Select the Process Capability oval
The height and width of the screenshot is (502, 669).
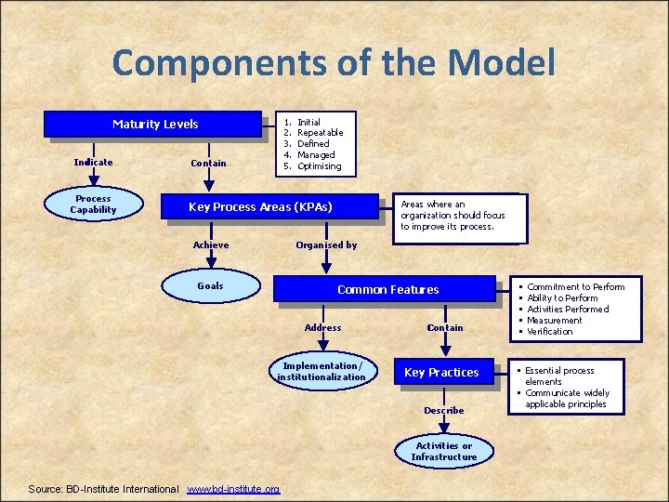tap(94, 205)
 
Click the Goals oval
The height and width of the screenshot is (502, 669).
tap(210, 286)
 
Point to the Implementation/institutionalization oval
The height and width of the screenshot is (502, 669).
tap(321, 372)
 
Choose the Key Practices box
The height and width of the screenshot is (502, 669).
tap(441, 373)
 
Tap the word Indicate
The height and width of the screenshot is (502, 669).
tap(93, 163)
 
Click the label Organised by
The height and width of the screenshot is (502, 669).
tap(326, 245)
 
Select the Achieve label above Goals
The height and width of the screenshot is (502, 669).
tap(211, 245)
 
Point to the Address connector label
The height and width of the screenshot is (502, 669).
tap(322, 328)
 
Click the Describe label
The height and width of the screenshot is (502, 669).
tap(443, 411)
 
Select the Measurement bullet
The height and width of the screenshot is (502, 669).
tap(555, 321)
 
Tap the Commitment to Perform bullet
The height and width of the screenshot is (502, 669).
tap(575, 287)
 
